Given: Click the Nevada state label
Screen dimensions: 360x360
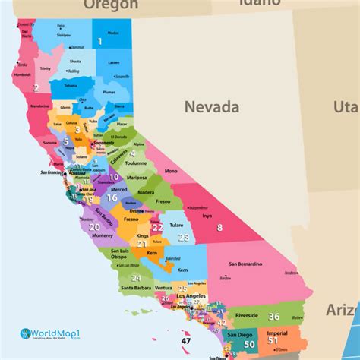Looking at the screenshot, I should point(212,107).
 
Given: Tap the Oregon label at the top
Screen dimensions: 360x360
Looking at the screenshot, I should point(111,5).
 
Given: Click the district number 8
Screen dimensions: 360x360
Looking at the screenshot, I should point(219,227).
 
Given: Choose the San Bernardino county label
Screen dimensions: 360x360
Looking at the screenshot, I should point(245,264).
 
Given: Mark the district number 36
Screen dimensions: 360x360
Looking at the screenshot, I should point(274,317).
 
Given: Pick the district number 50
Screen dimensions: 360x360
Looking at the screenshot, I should point(249,344).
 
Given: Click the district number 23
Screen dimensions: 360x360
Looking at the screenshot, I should point(183,237).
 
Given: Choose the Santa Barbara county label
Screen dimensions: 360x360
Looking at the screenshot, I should point(137,288).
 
